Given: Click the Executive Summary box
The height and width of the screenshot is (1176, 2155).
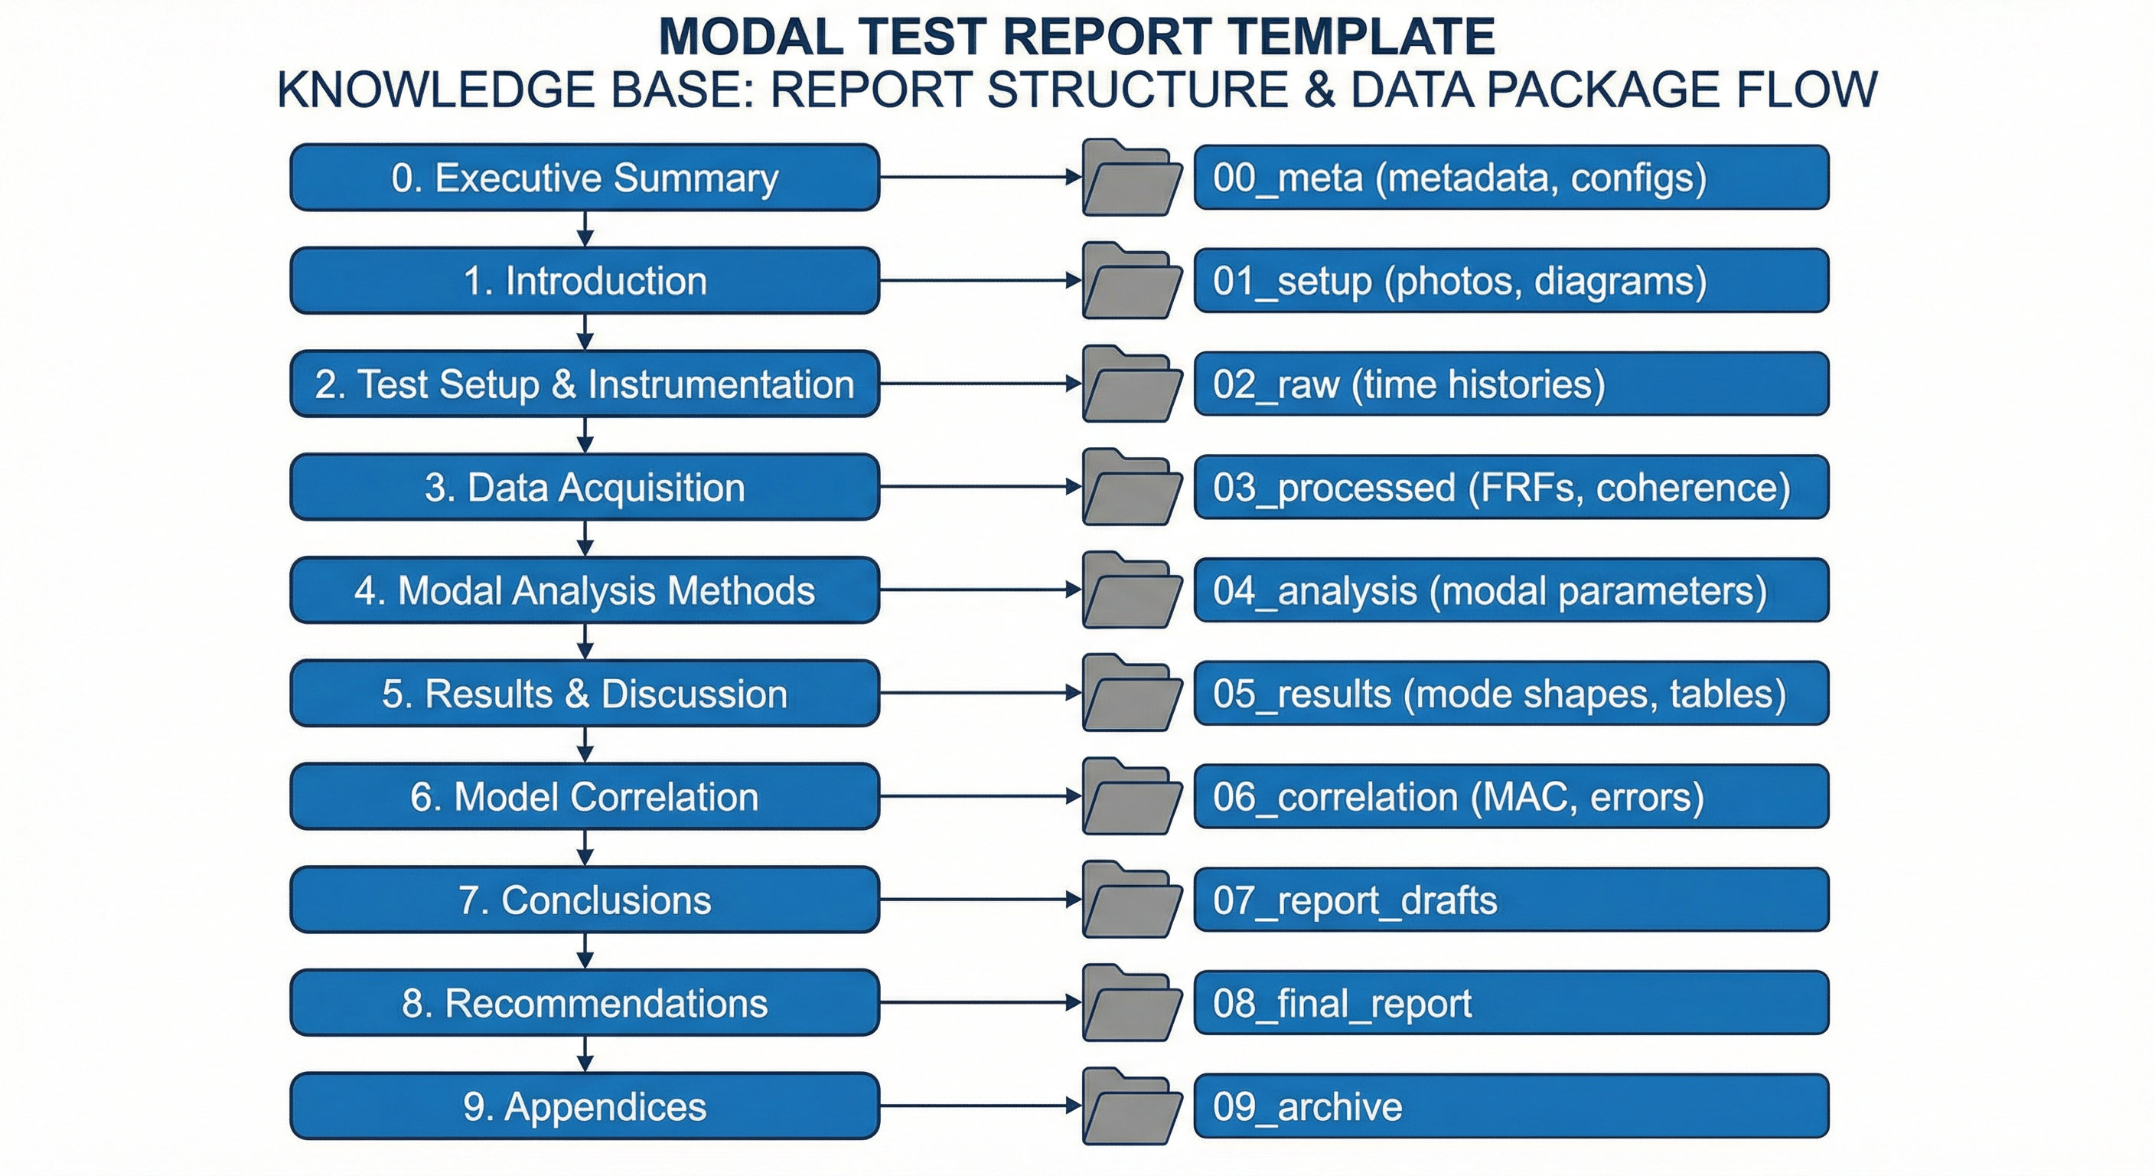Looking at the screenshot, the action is (x=585, y=178).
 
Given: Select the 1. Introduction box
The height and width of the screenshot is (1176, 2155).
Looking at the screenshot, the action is (x=585, y=280).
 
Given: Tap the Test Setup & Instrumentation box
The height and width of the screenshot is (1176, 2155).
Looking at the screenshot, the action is (x=585, y=384).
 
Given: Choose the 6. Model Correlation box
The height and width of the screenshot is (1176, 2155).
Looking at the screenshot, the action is (x=585, y=796).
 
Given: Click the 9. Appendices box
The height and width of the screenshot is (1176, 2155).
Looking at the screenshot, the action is (x=585, y=1106).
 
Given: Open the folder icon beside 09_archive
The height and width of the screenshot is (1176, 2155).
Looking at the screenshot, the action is (x=1132, y=1106).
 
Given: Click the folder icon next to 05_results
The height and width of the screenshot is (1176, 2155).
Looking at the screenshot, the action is (x=1132, y=694).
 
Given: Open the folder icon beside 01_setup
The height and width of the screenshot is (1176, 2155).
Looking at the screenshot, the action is (x=1132, y=281).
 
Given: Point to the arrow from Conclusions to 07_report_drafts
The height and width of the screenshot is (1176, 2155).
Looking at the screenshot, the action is (x=980, y=900).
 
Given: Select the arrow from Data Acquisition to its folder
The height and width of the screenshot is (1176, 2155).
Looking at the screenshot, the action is (x=980, y=487).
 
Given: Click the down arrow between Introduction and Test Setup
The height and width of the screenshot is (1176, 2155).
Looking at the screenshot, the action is (x=585, y=332).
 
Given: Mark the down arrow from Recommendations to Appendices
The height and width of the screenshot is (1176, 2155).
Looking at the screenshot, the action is (x=585, y=1053).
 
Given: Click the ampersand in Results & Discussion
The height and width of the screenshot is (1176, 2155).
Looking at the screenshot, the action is (x=576, y=694).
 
